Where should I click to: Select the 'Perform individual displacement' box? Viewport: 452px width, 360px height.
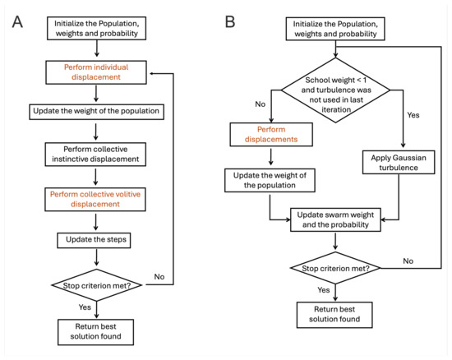pos(98,73)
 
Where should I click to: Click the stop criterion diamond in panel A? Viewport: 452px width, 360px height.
pos(98,285)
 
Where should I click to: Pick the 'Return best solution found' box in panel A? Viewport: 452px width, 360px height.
pos(98,333)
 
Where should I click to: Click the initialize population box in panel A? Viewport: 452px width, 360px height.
pos(98,27)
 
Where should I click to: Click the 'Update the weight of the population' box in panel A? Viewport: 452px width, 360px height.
pos(98,111)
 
